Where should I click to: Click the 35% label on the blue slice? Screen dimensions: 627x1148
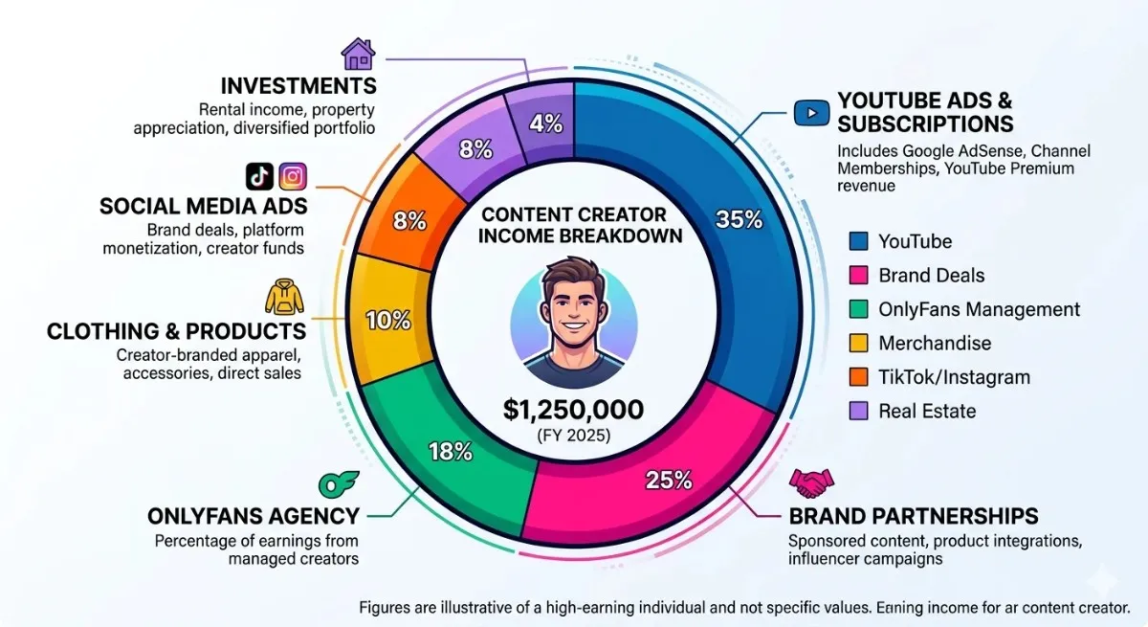(740, 219)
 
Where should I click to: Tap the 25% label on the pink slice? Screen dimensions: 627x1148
(669, 480)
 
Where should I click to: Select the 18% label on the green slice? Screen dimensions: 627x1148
(450, 451)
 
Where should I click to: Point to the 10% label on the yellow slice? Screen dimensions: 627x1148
(388, 321)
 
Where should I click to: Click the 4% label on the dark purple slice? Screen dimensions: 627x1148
(545, 124)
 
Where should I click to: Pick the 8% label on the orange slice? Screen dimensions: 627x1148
(409, 221)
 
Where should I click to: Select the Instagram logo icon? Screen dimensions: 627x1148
(293, 176)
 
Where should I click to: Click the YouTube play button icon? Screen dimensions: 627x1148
(810, 113)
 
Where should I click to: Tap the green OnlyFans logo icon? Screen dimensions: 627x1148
(334, 483)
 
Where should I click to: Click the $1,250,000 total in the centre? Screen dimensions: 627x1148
(574, 411)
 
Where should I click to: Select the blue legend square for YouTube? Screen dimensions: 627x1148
(859, 242)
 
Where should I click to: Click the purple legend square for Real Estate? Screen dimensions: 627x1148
(859, 412)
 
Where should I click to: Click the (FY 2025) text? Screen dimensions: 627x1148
(574, 437)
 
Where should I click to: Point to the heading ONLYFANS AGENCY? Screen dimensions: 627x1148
(254, 516)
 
